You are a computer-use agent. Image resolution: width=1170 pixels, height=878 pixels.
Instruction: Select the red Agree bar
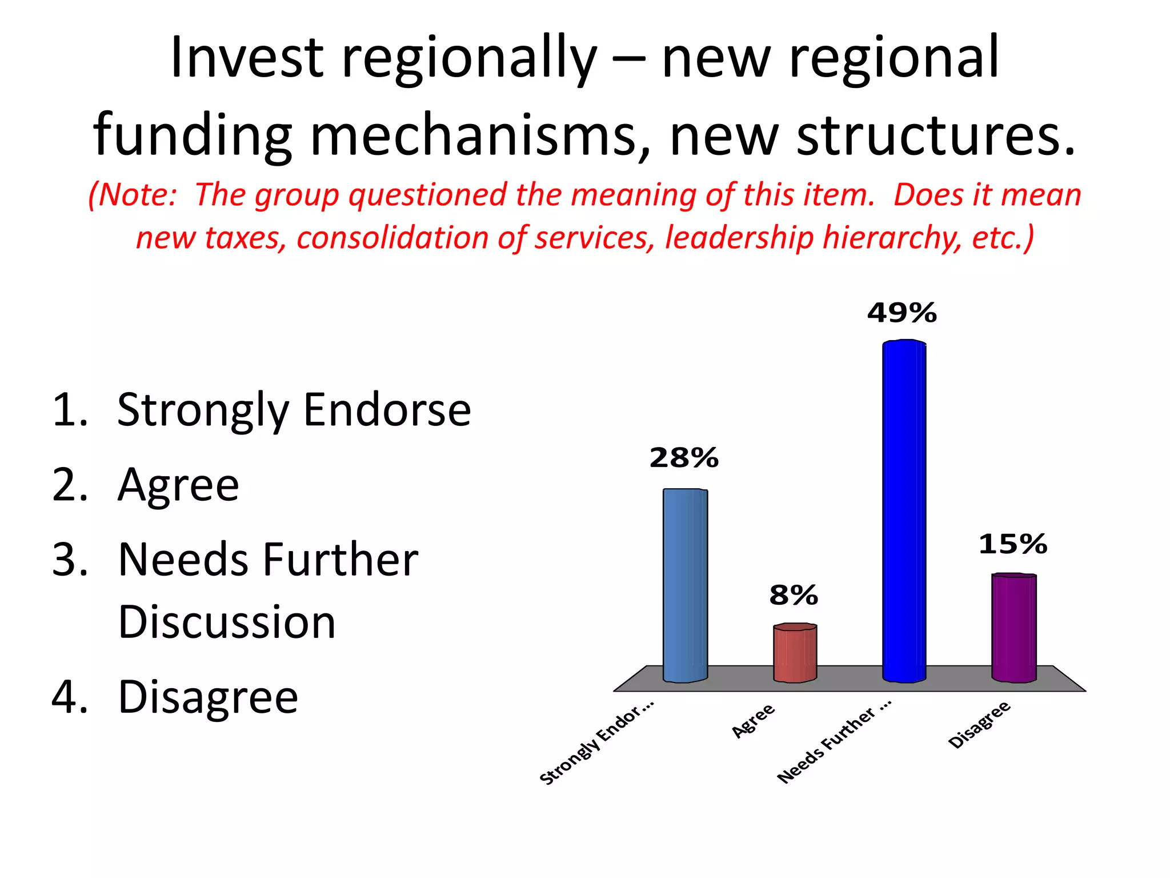click(795, 653)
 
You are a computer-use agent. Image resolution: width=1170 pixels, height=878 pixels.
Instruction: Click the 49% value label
click(901, 313)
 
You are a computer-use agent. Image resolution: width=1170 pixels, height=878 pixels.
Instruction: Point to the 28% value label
click(683, 458)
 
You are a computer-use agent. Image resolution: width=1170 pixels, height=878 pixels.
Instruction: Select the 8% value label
click(793, 596)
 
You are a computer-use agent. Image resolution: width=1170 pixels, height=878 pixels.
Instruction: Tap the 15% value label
click(1012, 544)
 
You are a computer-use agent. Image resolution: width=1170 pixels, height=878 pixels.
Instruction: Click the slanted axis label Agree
click(754, 720)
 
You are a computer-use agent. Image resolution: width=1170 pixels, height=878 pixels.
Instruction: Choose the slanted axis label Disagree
click(979, 724)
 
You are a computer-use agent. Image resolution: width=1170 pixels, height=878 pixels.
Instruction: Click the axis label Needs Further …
click(834, 745)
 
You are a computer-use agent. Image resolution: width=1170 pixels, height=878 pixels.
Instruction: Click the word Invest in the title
click(247, 58)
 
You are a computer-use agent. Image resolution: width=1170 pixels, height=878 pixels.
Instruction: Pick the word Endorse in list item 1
click(387, 410)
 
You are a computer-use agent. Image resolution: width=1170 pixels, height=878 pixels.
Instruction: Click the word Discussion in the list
click(227, 622)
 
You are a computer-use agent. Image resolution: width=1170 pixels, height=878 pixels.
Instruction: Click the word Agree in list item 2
click(178, 485)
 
